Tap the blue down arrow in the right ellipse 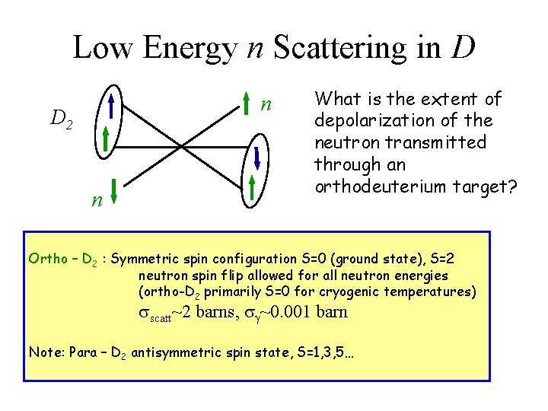tap(257, 158)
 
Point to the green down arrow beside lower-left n tap(112, 191)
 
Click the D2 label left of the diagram tap(61, 119)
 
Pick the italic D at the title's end tap(464, 47)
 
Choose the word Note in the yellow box tap(44, 352)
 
